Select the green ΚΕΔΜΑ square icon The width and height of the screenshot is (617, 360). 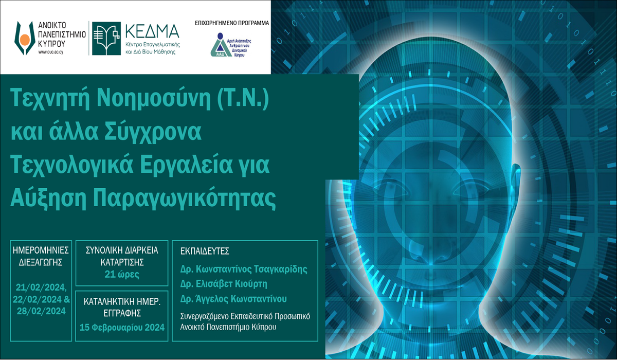(106, 39)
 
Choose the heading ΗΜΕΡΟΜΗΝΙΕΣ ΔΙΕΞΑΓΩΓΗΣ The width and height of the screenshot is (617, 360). (40, 256)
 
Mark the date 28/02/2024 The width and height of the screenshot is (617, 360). (40, 311)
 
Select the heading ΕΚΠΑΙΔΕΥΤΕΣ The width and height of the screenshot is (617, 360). (205, 251)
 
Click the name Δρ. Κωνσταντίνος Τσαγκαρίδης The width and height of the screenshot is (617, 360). (243, 269)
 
